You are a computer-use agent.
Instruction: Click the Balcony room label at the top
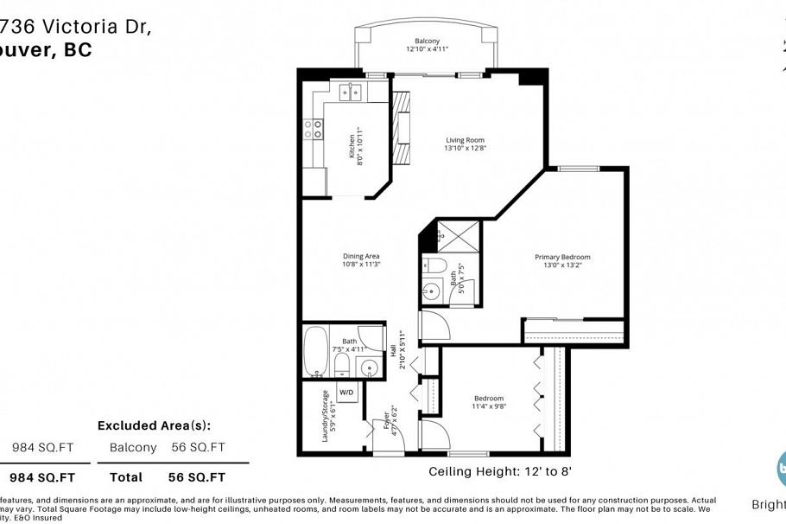(427, 41)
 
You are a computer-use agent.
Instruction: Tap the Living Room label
(465, 140)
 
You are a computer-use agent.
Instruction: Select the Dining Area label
(361, 256)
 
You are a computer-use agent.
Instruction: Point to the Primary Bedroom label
(562, 257)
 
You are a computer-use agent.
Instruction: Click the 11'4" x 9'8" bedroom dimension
(488, 406)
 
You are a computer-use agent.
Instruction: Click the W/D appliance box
(346, 393)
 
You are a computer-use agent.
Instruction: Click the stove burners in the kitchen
(313, 129)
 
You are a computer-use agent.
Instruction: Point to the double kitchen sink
(350, 91)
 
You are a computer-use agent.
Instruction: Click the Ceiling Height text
(500, 472)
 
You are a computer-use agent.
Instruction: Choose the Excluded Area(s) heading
(154, 425)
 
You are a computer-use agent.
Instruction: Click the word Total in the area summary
(126, 476)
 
